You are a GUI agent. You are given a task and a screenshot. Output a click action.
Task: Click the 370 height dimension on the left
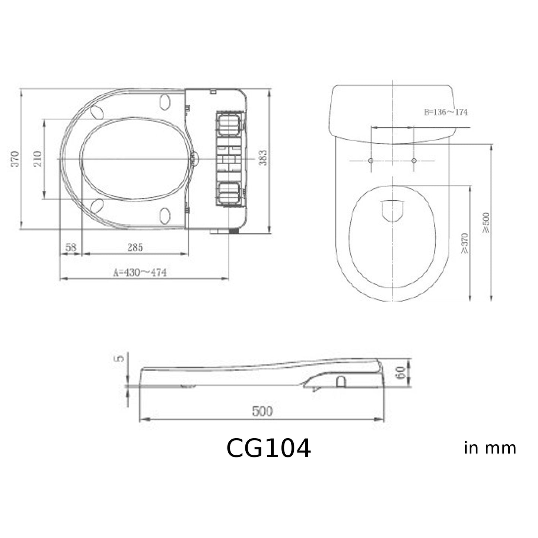pyautogui.click(x=15, y=159)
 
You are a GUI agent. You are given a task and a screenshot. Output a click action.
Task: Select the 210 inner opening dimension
pyautogui.click(x=38, y=159)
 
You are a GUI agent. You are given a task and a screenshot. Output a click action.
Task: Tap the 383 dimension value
pyautogui.click(x=263, y=158)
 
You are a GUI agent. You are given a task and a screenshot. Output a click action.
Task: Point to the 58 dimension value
pyautogui.click(x=71, y=247)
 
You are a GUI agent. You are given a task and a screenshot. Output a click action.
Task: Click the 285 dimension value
pyautogui.click(x=135, y=247)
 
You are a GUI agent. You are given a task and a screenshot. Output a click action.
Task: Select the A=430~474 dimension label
pyautogui.click(x=140, y=273)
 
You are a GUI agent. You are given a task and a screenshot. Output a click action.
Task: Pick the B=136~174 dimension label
pyautogui.click(x=446, y=112)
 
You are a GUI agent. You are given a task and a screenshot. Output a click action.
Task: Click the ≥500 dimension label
pyautogui.click(x=486, y=223)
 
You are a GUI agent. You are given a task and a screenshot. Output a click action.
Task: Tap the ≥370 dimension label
pyautogui.click(x=464, y=243)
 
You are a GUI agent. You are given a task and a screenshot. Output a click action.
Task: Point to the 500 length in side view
pyautogui.click(x=262, y=411)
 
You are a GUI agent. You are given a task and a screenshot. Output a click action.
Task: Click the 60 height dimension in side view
pyautogui.click(x=401, y=372)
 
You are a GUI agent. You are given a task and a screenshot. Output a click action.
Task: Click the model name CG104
pyautogui.click(x=268, y=448)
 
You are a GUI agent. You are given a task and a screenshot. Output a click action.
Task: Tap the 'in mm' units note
pyautogui.click(x=490, y=448)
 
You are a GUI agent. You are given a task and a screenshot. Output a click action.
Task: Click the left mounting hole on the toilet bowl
pyautogui.click(x=370, y=160)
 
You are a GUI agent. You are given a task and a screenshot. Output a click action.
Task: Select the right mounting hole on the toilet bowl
pyautogui.click(x=414, y=160)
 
